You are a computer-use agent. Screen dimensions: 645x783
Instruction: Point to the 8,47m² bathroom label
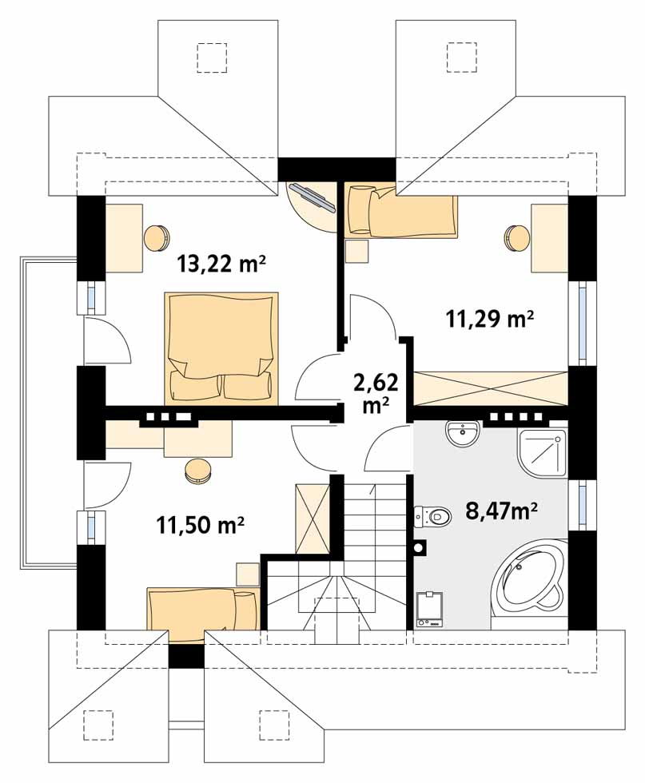click(x=502, y=511)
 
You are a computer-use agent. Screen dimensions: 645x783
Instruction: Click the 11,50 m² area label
click(x=200, y=524)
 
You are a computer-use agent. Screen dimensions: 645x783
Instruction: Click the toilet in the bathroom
click(x=432, y=516)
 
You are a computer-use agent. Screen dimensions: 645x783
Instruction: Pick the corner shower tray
click(x=543, y=452)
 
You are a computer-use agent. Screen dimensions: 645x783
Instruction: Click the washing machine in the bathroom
click(x=429, y=609)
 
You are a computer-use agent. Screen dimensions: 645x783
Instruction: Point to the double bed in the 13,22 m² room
click(x=221, y=348)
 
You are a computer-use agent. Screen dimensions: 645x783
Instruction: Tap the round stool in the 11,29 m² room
click(x=516, y=238)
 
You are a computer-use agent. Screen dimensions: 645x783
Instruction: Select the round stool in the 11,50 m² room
click(x=198, y=471)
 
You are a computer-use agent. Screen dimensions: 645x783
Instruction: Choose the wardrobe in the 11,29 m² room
click(x=491, y=388)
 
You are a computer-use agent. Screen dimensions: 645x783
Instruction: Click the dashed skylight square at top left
click(x=213, y=58)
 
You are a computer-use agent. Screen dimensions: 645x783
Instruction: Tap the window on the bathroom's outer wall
click(x=583, y=504)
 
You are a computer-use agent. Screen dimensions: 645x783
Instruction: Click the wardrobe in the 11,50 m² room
click(x=313, y=519)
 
